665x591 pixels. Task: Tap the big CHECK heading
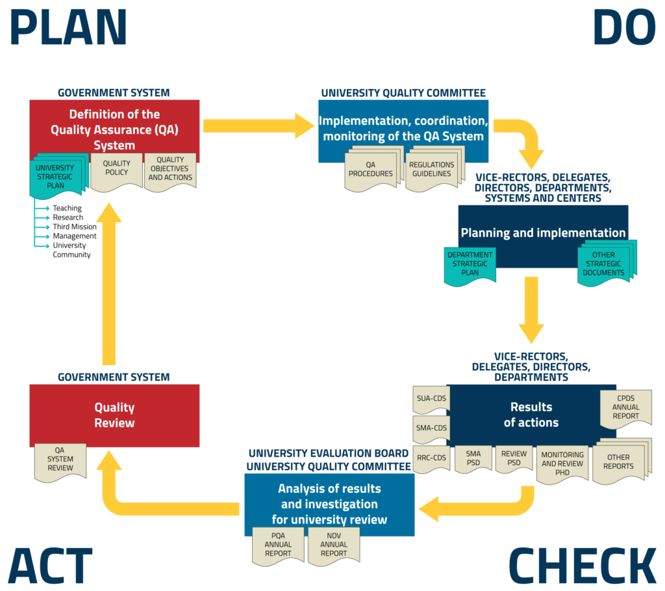(583, 564)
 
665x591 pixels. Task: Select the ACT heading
(51, 564)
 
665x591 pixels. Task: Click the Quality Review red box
(114, 415)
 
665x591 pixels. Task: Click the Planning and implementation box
(543, 233)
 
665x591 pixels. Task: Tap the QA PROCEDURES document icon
(370, 170)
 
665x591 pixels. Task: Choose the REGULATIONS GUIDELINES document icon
(431, 170)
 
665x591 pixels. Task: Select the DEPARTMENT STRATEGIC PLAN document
(470, 264)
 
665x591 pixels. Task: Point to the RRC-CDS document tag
(431, 457)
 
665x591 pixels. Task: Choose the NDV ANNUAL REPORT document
(334, 544)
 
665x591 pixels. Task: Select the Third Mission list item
(74, 227)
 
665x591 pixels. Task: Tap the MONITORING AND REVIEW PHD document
(562, 463)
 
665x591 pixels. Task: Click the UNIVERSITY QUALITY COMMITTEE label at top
(403, 93)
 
